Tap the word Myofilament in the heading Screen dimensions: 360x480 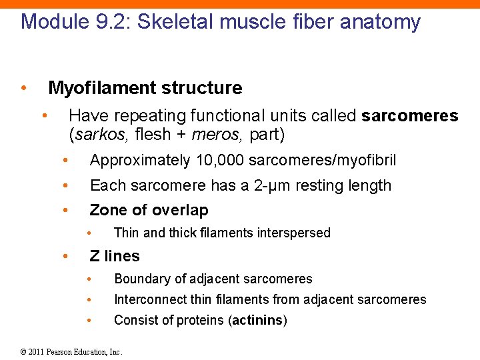[x=97, y=88]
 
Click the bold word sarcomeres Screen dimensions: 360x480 [x=409, y=116]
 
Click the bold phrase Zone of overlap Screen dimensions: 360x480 [x=149, y=211]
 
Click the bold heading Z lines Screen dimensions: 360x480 [x=115, y=256]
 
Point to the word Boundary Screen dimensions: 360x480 [x=139, y=279]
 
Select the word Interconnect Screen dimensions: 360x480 [x=148, y=299]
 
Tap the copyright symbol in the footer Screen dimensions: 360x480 [x=24, y=351]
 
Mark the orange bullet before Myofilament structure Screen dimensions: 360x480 [x=23, y=88]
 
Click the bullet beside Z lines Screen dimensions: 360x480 [x=65, y=256]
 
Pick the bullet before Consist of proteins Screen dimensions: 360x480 [x=90, y=320]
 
